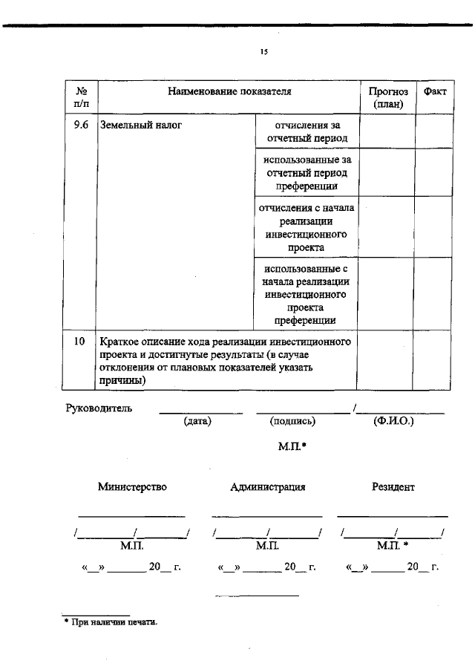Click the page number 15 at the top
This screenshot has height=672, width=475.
coord(263,52)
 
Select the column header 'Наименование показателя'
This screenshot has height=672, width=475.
coord(229,91)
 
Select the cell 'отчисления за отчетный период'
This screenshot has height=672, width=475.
coord(307,131)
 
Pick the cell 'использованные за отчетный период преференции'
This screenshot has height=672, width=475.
coord(307,173)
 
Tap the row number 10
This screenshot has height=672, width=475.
coord(80,342)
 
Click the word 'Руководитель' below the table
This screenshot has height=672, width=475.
coord(99,408)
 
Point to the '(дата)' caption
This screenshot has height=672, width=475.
coord(197,421)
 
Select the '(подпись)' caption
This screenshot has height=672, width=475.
coord(293,421)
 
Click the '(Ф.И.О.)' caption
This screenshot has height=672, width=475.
coord(394,421)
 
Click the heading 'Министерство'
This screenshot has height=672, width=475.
coord(132,487)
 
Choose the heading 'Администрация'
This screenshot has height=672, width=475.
coord(268,487)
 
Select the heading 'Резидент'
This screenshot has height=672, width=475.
coord(393,487)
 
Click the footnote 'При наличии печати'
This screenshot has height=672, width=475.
coord(114,622)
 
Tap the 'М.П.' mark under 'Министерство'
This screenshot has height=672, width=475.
coord(131,546)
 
